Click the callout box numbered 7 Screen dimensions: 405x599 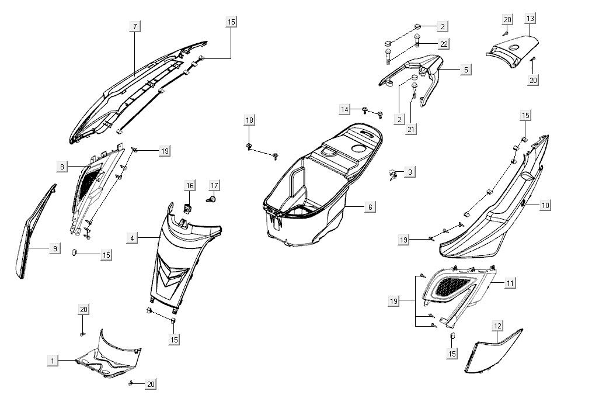coord(135,26)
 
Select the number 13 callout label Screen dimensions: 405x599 coord(530,19)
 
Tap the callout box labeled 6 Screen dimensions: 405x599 coord(370,207)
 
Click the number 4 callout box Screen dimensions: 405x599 coord(133,238)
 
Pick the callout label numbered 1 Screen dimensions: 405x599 coord(53,361)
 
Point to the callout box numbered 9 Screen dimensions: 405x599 coord(54,249)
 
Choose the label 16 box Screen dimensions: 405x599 coord(190,186)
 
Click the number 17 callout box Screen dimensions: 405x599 coord(215,186)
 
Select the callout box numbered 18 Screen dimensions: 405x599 coord(250,120)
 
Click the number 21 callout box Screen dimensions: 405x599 coord(412,129)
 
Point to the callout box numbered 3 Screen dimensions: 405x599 coord(410,172)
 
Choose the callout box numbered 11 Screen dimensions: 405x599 coord(510,283)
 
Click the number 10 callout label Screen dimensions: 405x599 coord(545,206)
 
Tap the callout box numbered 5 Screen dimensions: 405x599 coord(466,70)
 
